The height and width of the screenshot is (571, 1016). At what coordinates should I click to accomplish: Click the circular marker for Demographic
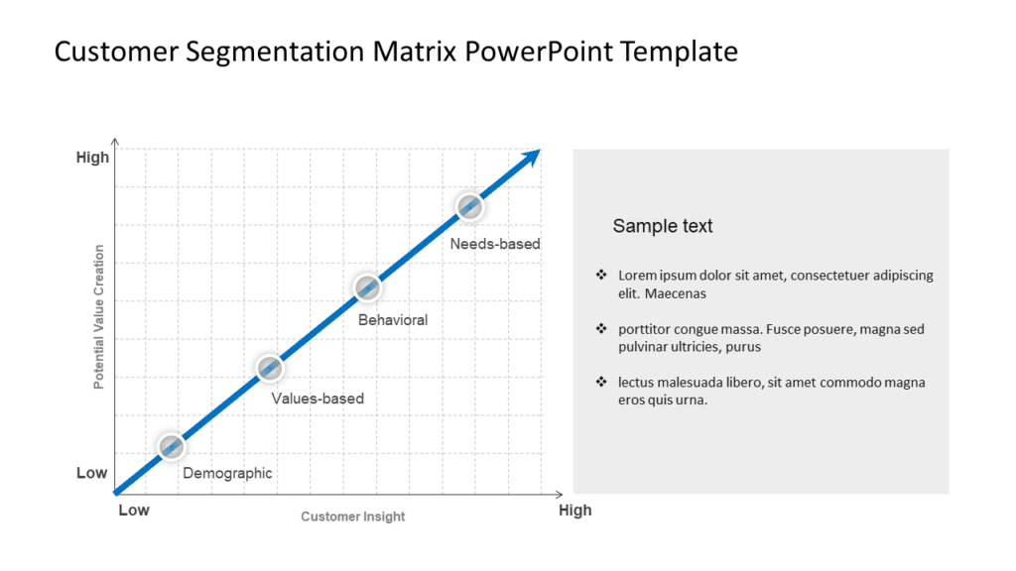(171, 446)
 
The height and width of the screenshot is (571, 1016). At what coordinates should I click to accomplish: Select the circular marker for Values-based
(270, 368)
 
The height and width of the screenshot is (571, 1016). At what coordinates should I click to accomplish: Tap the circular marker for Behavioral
(368, 287)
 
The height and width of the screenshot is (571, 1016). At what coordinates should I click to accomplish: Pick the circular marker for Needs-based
(469, 206)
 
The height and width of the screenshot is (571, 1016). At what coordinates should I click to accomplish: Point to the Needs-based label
(495, 244)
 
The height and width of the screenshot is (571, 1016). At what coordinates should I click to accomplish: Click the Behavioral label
(393, 320)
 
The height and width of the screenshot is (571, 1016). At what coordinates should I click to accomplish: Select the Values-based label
(317, 399)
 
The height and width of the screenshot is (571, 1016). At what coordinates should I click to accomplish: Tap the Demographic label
(227, 474)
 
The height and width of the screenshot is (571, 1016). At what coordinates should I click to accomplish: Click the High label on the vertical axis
(93, 158)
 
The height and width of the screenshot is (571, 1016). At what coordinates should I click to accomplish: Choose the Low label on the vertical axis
(92, 473)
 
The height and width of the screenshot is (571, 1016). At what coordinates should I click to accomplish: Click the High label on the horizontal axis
(574, 511)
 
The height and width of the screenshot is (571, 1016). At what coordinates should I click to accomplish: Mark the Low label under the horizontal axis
(134, 511)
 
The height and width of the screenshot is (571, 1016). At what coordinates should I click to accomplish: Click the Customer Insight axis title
(353, 516)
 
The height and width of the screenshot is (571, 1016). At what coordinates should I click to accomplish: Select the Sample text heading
(663, 226)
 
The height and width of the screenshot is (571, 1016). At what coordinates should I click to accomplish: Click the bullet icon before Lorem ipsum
(600, 275)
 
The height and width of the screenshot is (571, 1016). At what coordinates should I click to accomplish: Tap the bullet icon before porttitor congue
(600, 328)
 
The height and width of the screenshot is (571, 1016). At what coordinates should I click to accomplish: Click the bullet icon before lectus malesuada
(600, 382)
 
